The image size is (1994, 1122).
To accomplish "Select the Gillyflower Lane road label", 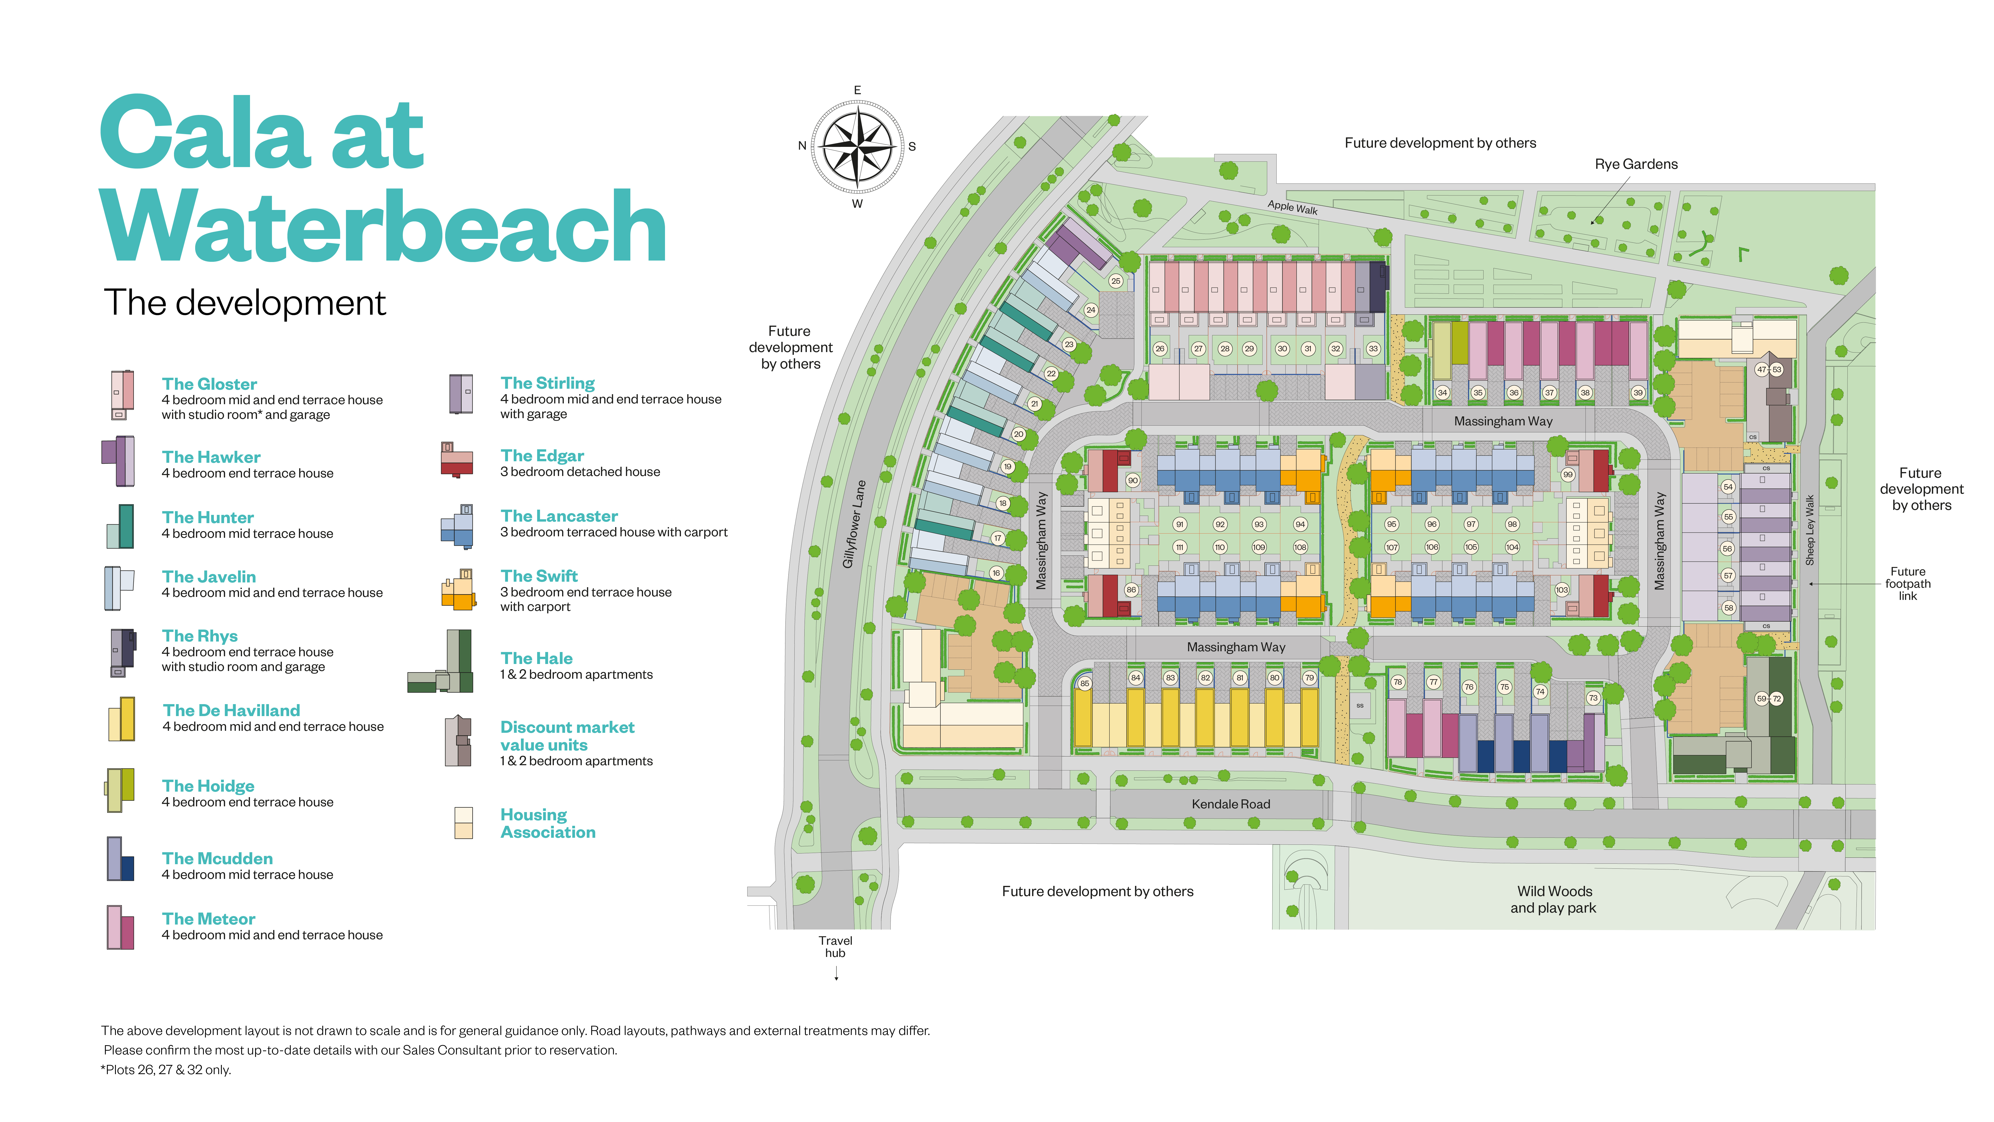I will pos(854,524).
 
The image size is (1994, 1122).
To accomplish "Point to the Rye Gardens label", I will pos(1636,164).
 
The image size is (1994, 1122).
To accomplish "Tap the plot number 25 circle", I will pos(1115,281).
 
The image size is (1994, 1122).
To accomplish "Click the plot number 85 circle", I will pos(1084,683).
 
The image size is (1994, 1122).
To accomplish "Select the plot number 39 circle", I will pos(1638,393).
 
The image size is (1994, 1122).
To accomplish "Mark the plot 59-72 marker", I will pos(1769,698).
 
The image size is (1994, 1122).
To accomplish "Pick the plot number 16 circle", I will pos(996,573).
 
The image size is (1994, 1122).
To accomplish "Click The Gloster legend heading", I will pos(209,384).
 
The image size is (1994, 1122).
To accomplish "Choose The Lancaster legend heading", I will pos(559,516).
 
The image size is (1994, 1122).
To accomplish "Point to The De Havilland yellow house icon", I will pos(122,719).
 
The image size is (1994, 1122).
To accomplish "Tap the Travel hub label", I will pos(835,946).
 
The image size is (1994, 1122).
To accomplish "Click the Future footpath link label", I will pos(1907,584).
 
